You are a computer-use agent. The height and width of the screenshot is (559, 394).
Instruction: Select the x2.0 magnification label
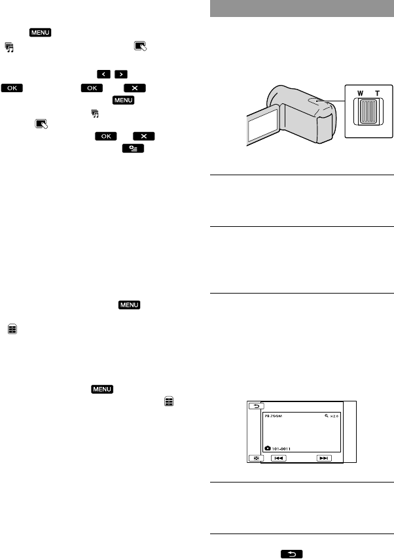[334, 414]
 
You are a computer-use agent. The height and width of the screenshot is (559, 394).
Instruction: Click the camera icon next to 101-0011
[268, 447]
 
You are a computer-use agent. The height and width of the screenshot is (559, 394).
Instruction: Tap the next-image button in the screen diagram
[323, 458]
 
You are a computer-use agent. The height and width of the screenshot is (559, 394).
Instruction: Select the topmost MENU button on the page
[40, 32]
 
